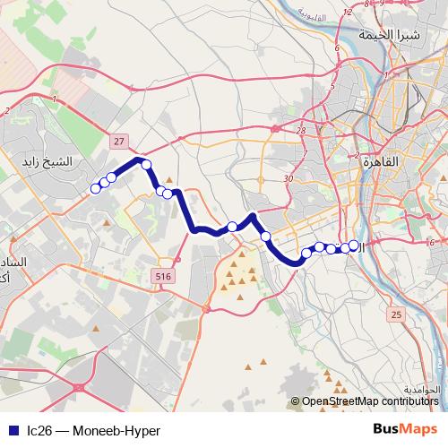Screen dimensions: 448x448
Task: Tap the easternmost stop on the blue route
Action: pyautogui.click(x=354, y=245)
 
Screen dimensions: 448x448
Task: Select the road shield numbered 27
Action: pyautogui.click(x=119, y=141)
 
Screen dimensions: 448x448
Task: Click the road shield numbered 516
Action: pyautogui.click(x=162, y=277)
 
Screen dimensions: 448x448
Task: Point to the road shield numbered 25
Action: pyautogui.click(x=396, y=315)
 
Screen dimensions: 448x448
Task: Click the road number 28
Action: pyautogui.click(x=301, y=131)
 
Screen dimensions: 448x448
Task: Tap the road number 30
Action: pyautogui.click(x=288, y=179)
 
